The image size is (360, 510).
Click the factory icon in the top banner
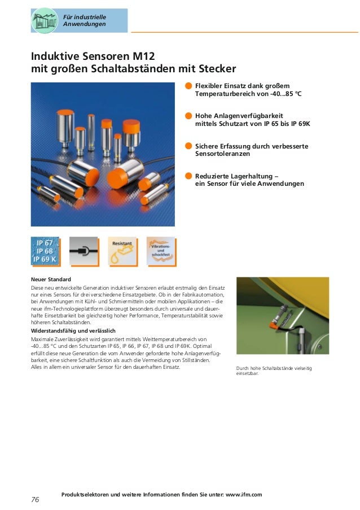(45, 20)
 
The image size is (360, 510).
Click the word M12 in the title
(144, 56)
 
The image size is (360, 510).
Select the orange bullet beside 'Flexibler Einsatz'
(188, 86)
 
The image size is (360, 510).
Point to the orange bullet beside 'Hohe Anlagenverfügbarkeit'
(188, 116)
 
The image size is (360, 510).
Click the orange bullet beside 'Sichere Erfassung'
(188, 146)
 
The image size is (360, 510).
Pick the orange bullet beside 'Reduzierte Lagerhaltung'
(188, 176)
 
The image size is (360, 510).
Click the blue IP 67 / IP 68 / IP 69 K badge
(46, 251)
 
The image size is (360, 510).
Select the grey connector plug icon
(84, 251)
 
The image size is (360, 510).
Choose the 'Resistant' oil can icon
(123, 251)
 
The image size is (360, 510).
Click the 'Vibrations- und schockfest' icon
(161, 251)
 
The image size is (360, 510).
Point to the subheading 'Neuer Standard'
(51, 280)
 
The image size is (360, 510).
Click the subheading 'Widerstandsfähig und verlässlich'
(73, 331)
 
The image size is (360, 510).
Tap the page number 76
(35, 500)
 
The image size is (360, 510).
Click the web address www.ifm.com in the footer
(244, 495)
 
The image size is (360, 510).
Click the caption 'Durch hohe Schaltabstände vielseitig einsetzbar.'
(274, 371)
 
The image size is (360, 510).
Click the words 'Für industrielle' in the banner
(85, 17)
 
